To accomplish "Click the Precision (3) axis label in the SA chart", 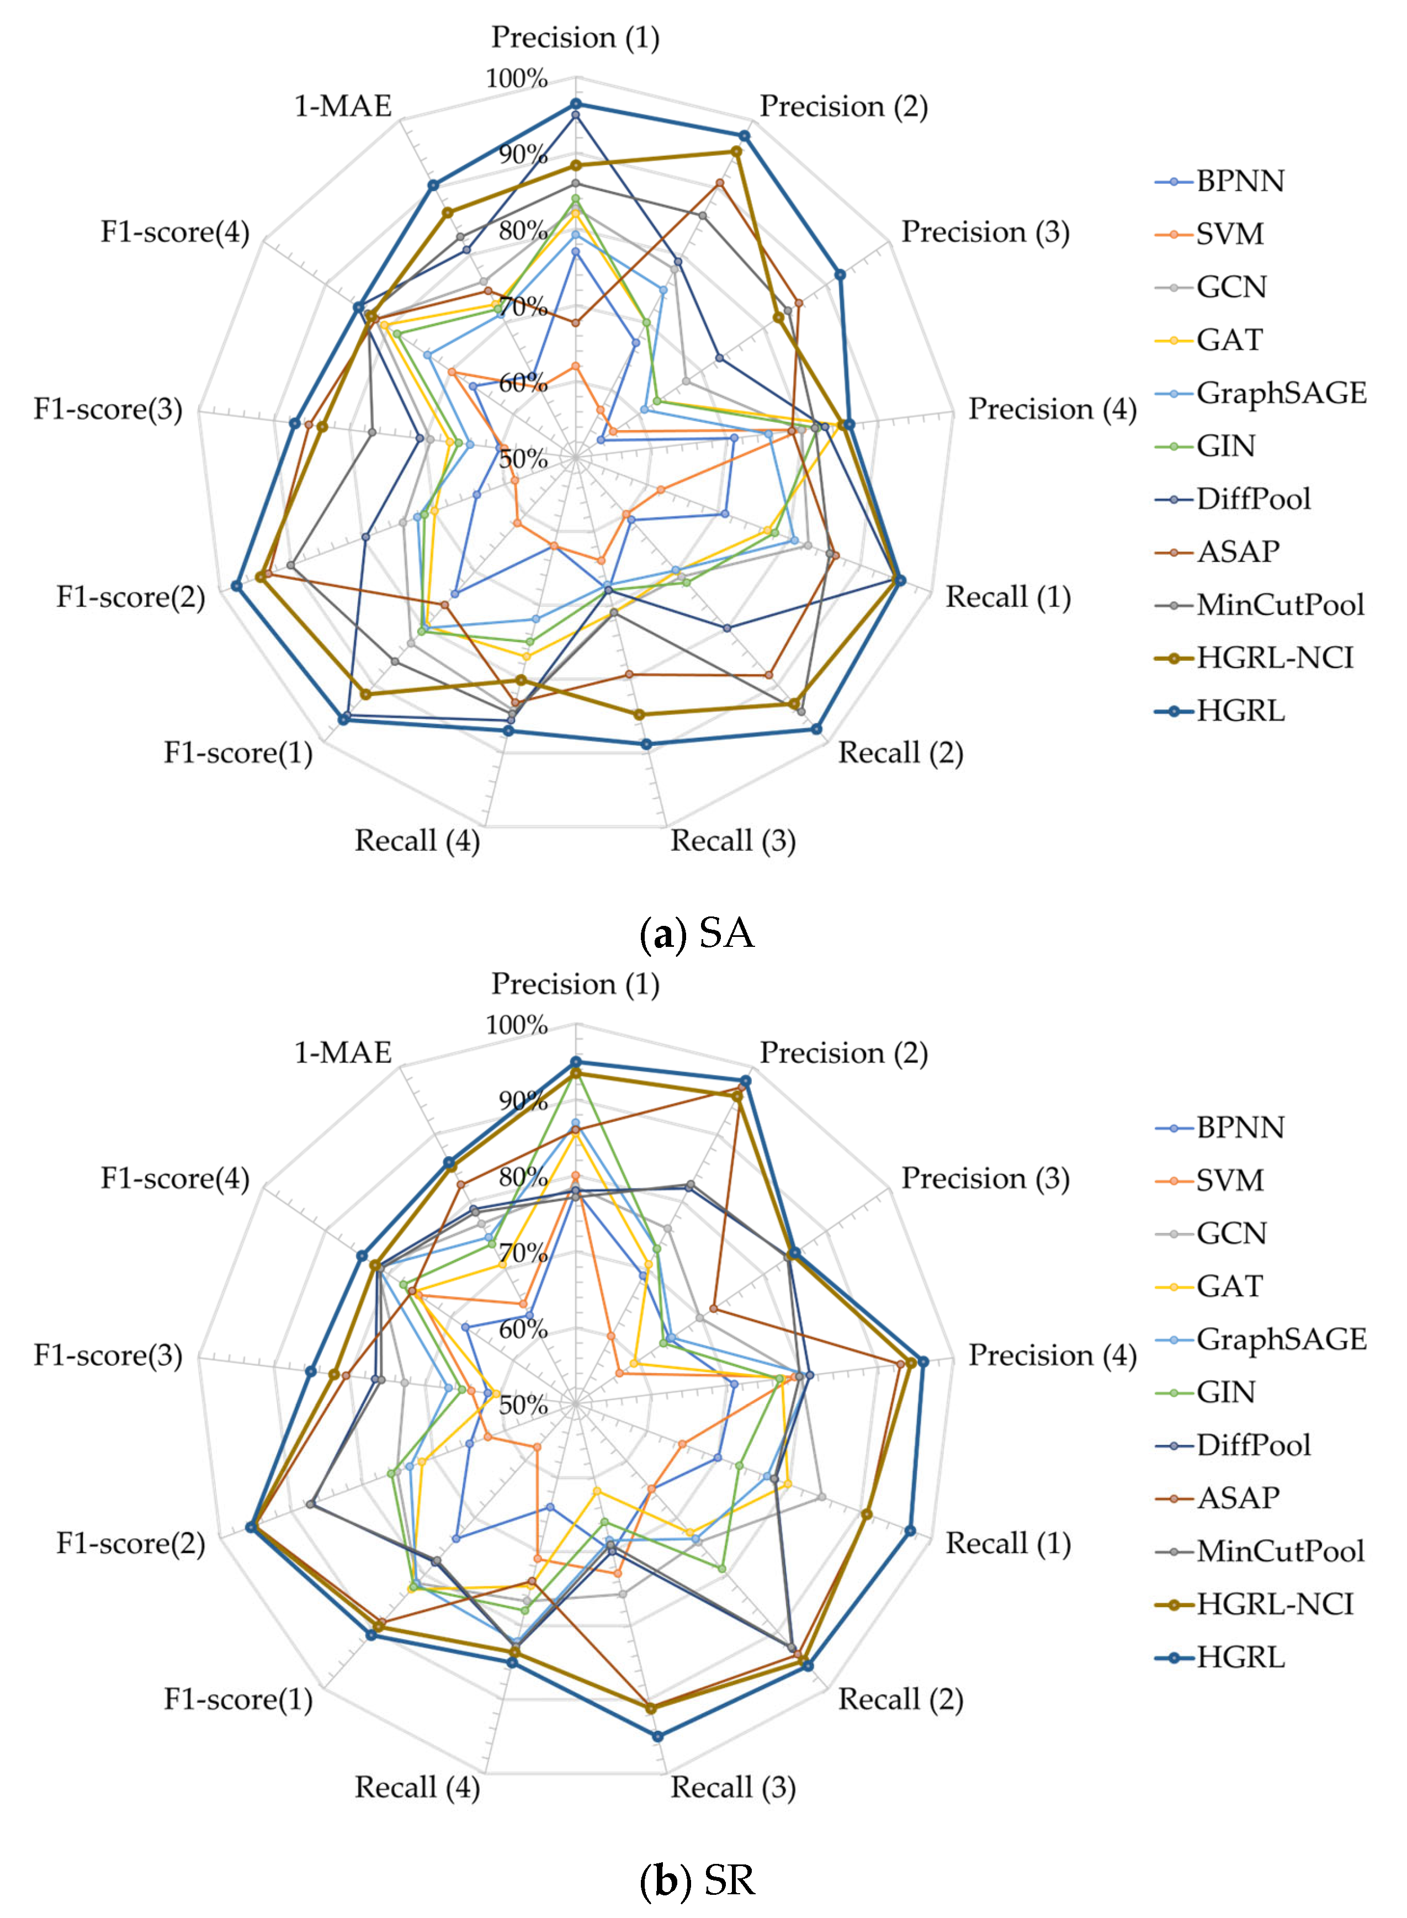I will (985, 232).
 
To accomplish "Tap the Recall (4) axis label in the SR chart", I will (417, 1788).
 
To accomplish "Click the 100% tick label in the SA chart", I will (516, 79).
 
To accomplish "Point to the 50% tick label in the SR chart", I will (523, 1405).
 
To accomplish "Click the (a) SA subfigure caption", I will (697, 934).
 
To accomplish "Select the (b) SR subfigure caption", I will (697, 1880).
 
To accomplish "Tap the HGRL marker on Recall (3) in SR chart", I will (657, 1736).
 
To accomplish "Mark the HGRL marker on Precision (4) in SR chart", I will (922, 1362).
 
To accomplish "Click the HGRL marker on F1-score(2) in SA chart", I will (236, 586).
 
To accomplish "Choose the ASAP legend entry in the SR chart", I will (1238, 1498).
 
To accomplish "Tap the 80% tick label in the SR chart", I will (523, 1178).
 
